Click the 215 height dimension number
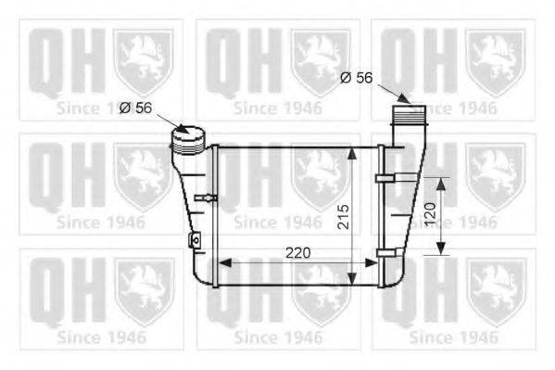(x=343, y=216)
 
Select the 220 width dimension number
(x=297, y=252)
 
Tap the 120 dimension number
(x=428, y=216)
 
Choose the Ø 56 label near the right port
(x=356, y=78)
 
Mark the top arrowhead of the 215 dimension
(x=353, y=152)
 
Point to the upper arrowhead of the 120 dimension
(x=441, y=184)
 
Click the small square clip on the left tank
(x=194, y=240)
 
